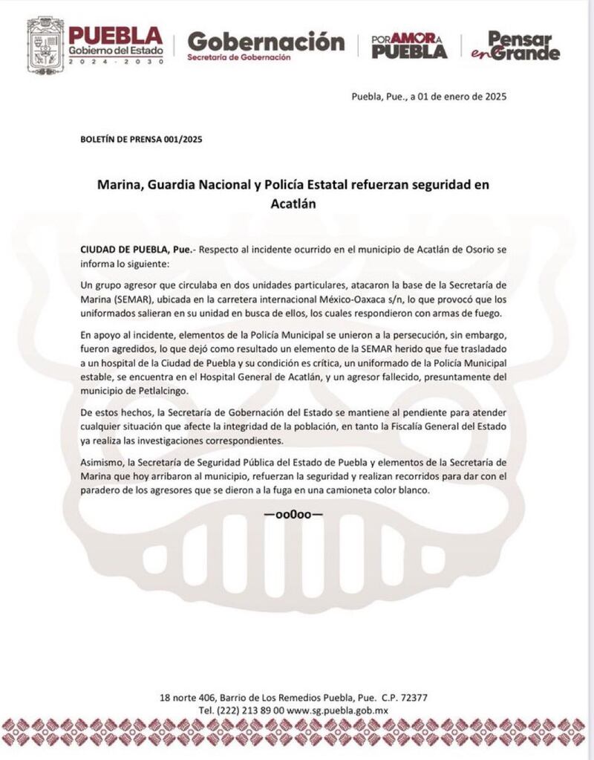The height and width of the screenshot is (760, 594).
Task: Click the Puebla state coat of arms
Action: pyautogui.click(x=45, y=45)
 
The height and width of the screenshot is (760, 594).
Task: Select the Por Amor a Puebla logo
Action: pyautogui.click(x=409, y=45)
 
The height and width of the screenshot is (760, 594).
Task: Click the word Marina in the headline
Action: pyautogui.click(x=120, y=184)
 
